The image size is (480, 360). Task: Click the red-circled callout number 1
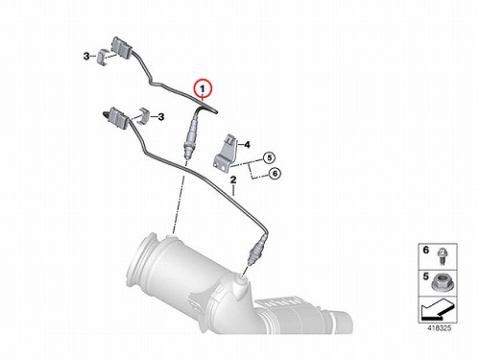tap(203, 88)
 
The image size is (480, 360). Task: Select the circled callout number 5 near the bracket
tap(269, 157)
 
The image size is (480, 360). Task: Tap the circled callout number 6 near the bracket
tap(275, 174)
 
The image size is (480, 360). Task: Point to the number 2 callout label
tap(233, 180)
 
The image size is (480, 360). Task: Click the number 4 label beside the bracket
tap(247, 145)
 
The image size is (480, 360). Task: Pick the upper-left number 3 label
tap(86, 57)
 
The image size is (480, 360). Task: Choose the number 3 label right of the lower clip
tap(161, 117)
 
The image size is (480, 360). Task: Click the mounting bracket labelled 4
tap(225, 151)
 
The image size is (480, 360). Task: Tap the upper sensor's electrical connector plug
tap(121, 49)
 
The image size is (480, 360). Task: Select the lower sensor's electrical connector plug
tap(118, 118)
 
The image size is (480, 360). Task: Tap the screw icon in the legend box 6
tap(442, 257)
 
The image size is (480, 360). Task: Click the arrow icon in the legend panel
tap(437, 309)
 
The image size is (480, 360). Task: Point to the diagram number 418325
tap(440, 328)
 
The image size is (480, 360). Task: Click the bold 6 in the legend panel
tap(425, 250)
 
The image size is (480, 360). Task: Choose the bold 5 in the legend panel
tap(425, 276)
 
